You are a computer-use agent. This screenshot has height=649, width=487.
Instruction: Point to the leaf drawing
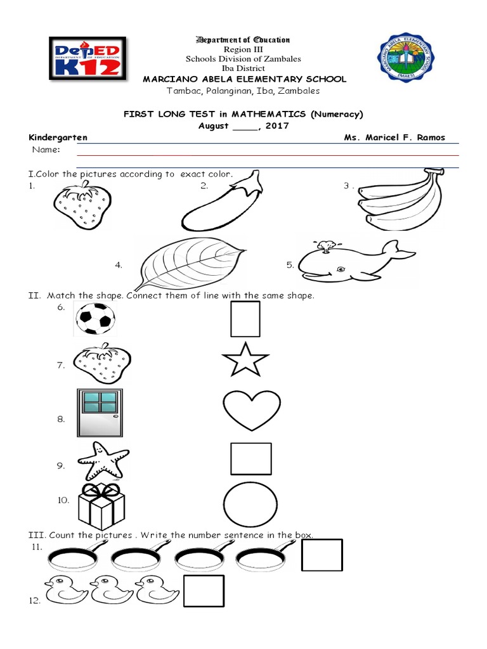click(x=190, y=261)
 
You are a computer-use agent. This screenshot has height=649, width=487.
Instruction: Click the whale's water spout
click(x=327, y=245)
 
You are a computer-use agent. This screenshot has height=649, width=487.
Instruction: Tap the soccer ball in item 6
click(x=95, y=319)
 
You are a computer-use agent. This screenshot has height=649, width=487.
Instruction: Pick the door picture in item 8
click(x=99, y=413)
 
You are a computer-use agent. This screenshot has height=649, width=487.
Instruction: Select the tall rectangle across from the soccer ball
click(x=245, y=319)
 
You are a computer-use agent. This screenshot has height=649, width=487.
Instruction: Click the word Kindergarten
click(x=58, y=138)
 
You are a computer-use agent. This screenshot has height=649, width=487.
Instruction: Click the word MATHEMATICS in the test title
click(x=258, y=114)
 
